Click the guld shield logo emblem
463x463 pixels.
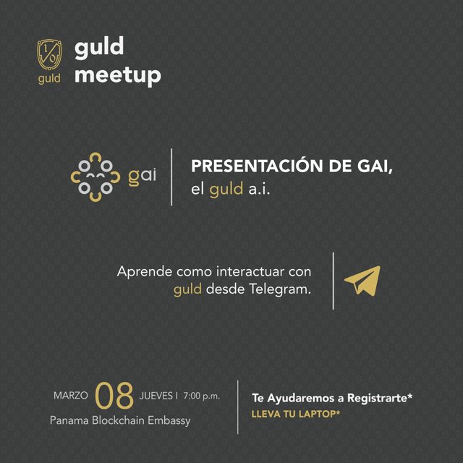click(x=49, y=55)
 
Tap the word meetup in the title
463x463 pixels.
click(x=118, y=75)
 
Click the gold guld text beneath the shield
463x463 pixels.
click(x=49, y=79)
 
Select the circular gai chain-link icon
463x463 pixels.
click(x=95, y=177)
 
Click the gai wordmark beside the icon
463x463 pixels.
click(x=142, y=177)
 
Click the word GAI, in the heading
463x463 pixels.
click(x=375, y=166)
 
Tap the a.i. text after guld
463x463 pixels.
click(x=259, y=190)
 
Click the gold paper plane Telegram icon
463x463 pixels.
click(x=363, y=281)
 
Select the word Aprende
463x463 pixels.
click(x=145, y=272)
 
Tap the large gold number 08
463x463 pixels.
click(x=114, y=396)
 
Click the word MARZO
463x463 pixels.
click(x=71, y=396)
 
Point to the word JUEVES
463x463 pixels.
click(x=156, y=396)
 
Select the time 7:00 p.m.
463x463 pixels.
click(x=202, y=396)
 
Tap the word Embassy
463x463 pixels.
click(x=169, y=421)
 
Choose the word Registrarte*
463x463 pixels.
click(x=380, y=399)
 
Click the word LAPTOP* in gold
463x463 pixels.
click(x=320, y=414)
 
